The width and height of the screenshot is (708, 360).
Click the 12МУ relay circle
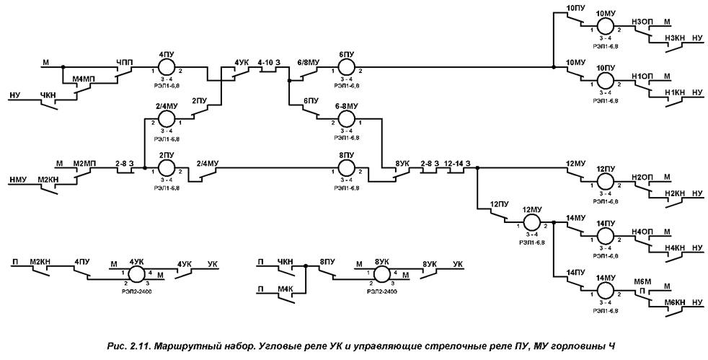pyautogui.click(x=531, y=222)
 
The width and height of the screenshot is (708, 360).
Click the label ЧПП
pyautogui.click(x=124, y=62)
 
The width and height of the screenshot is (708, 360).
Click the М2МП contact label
pyautogui.click(x=84, y=162)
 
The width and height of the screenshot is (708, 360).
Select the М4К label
pyautogui.click(x=286, y=289)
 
